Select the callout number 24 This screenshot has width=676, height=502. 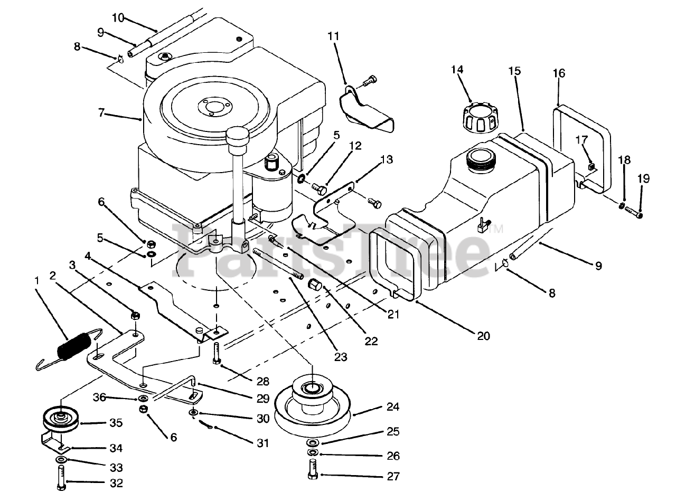pos(392,407)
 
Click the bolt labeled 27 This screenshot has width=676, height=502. pos(312,470)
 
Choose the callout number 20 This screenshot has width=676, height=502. pos(483,335)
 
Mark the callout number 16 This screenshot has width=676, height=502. pos(559,73)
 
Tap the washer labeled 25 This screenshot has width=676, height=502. pos(313,442)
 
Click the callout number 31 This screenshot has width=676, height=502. pos(262,443)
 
